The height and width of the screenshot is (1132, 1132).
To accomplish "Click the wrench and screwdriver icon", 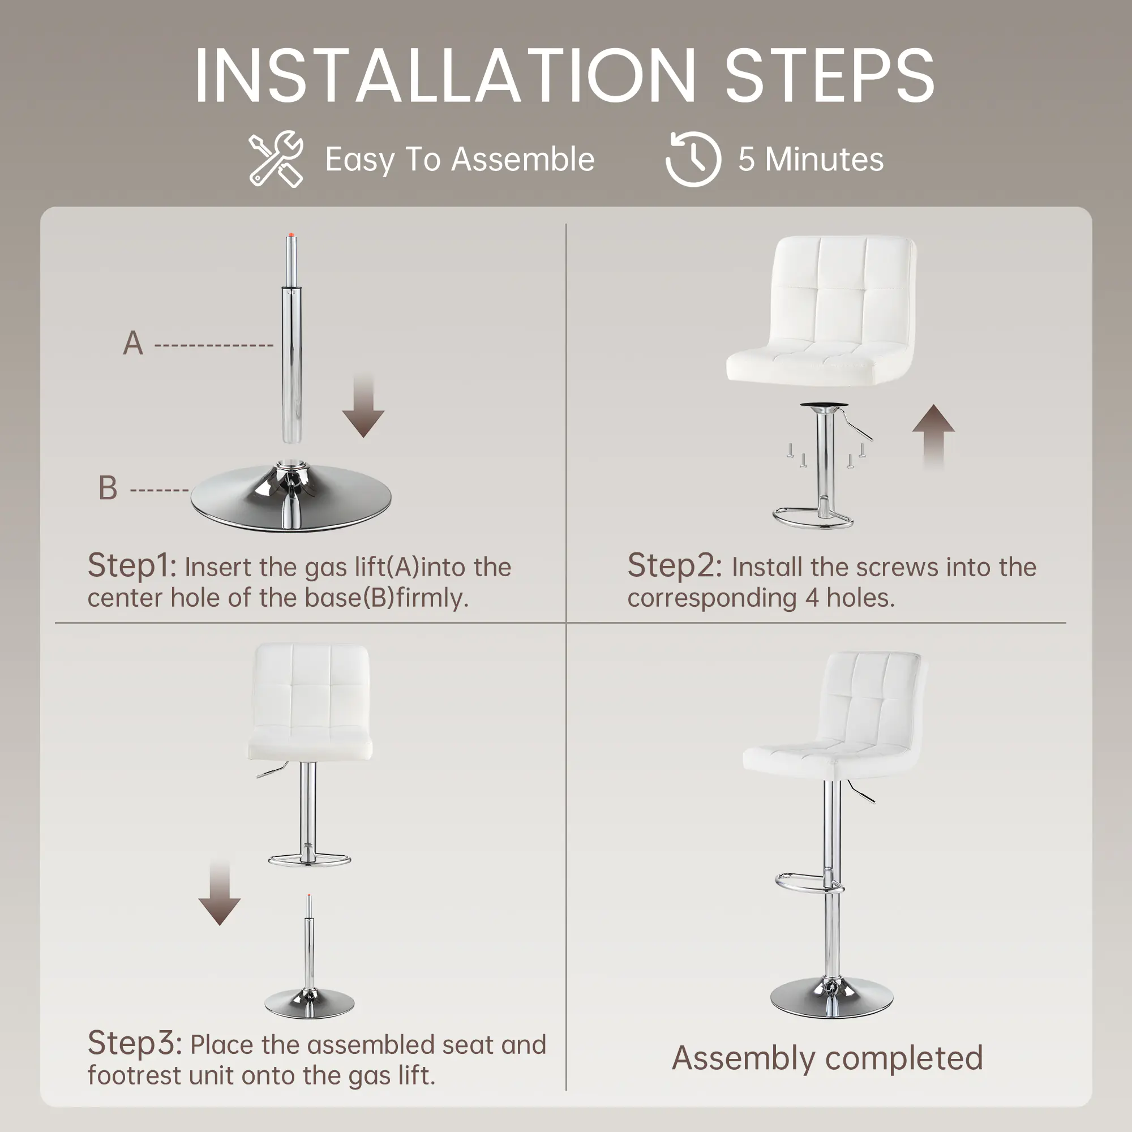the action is pos(276,159).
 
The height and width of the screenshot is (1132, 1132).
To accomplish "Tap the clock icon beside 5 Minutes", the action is pos(693,159).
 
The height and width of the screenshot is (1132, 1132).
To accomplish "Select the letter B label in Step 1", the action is pos(108,487).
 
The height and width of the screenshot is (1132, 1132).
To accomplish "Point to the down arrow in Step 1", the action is pos(363,405).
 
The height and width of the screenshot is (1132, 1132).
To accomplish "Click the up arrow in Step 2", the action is pos(933,437).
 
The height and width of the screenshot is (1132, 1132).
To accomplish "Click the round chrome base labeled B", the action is pos(291,498).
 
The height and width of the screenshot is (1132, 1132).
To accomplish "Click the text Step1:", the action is pos(132,566).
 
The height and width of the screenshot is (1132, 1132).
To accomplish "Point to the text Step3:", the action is pos(135,1044).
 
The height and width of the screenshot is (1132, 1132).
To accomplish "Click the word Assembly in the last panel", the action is pos(744,1058).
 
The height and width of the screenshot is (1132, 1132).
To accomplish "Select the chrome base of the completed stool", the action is pos(831,997).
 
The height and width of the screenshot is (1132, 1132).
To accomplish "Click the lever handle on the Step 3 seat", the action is pos(271,770).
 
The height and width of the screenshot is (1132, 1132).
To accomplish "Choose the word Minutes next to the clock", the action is pos(825,160).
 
